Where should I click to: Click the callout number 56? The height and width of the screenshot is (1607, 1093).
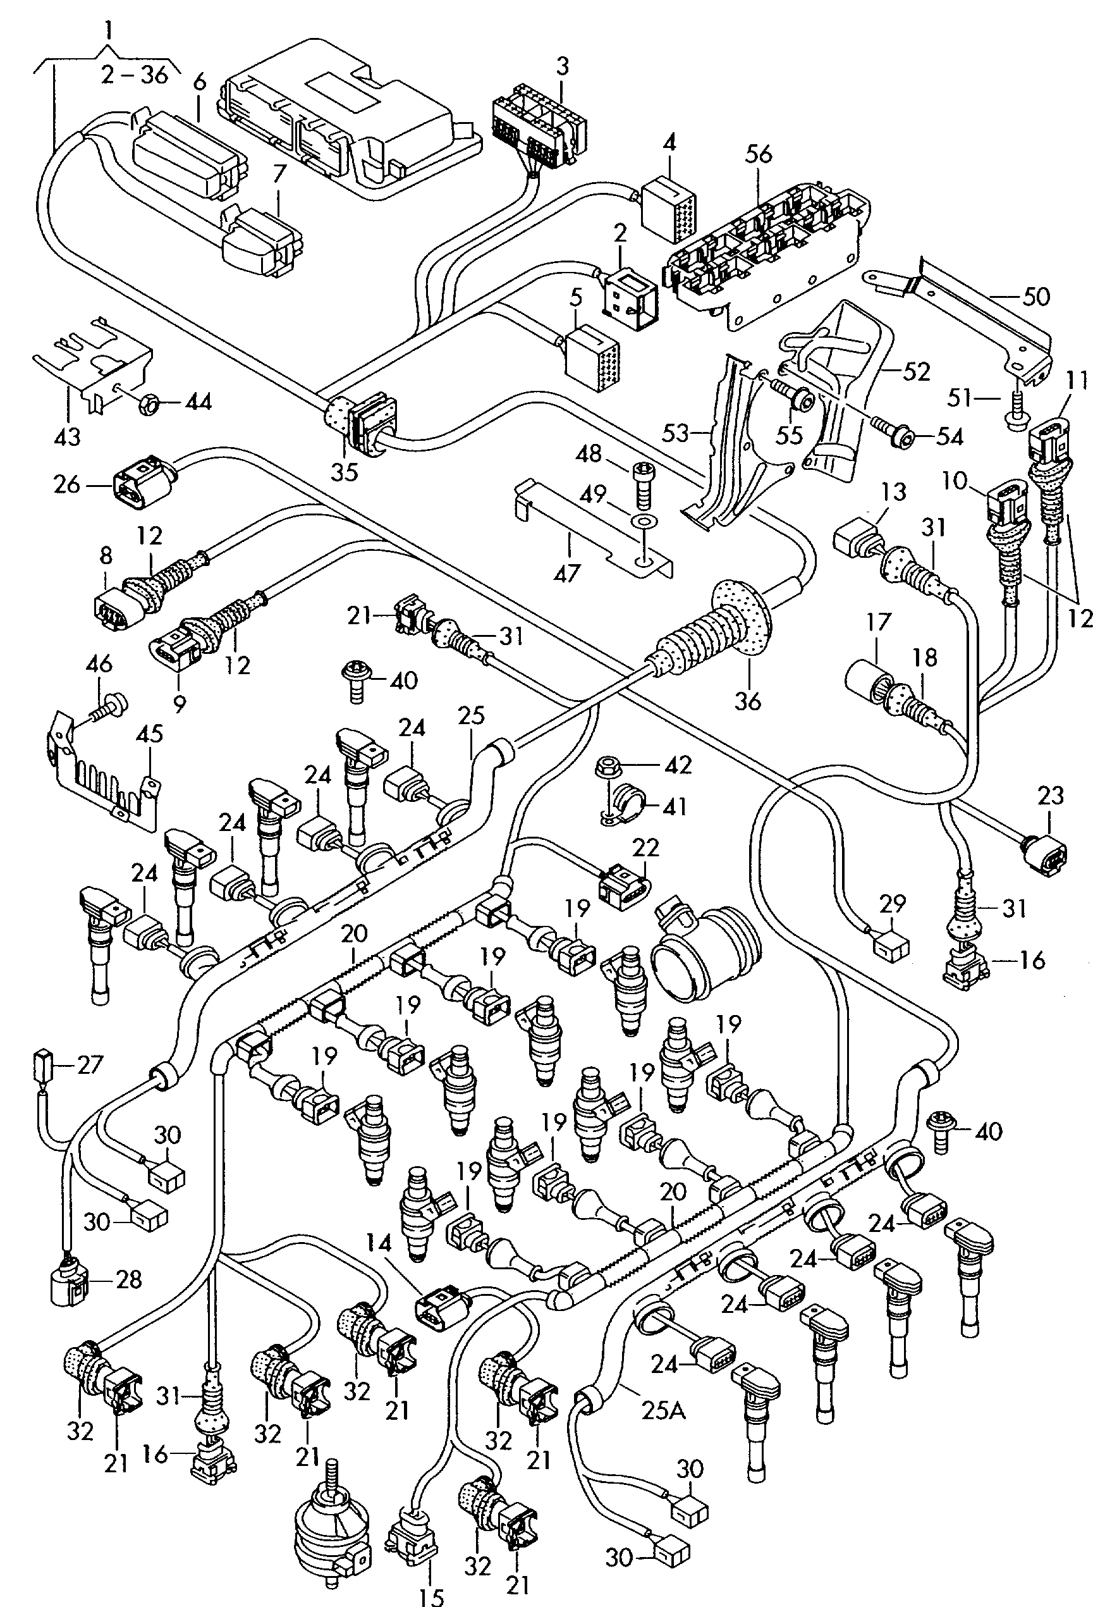point(759,154)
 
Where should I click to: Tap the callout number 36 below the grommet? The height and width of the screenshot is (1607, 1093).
point(747,701)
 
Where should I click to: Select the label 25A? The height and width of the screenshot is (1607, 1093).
point(662,1410)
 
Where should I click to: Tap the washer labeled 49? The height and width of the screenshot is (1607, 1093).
point(644,519)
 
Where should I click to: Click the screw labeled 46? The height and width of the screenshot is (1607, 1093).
point(111,706)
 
